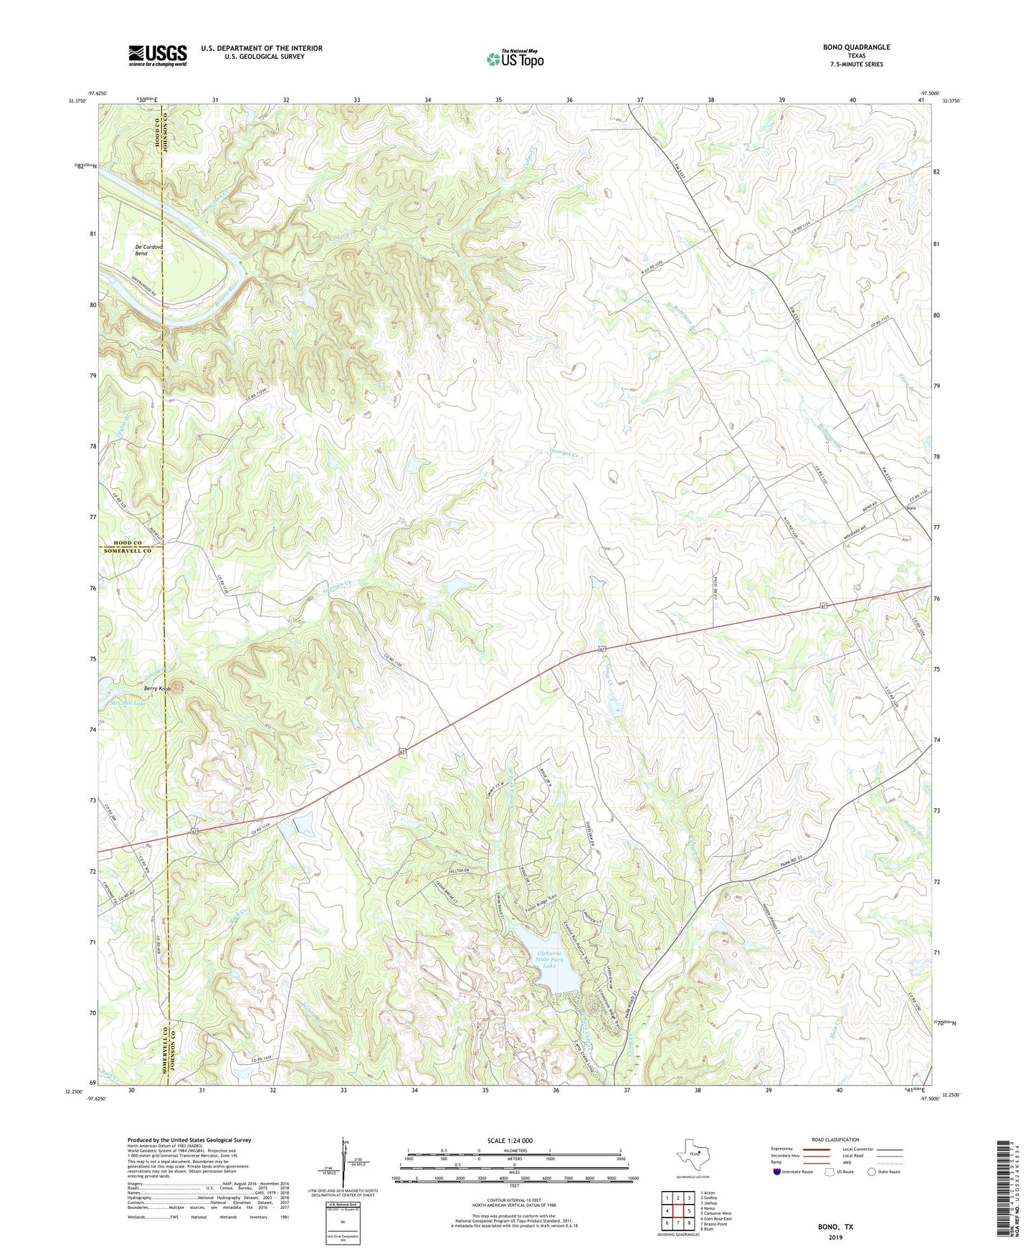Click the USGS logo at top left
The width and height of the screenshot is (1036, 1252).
tap(158, 55)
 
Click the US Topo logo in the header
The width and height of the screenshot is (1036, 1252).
tap(514, 59)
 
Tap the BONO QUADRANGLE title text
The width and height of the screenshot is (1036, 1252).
tap(856, 47)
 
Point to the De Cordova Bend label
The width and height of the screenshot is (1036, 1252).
tap(149, 250)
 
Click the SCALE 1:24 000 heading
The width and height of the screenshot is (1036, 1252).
tap(510, 1141)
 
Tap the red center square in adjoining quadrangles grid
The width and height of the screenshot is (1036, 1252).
tap(678, 1211)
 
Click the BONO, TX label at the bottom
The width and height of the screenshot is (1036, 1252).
tap(835, 1227)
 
